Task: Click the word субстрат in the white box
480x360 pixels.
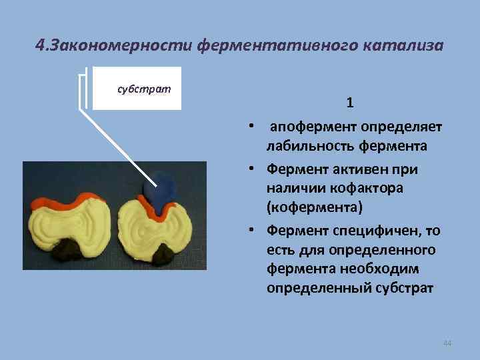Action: point(143,88)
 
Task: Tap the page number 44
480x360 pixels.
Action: point(447,343)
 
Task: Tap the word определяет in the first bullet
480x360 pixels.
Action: point(402,126)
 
